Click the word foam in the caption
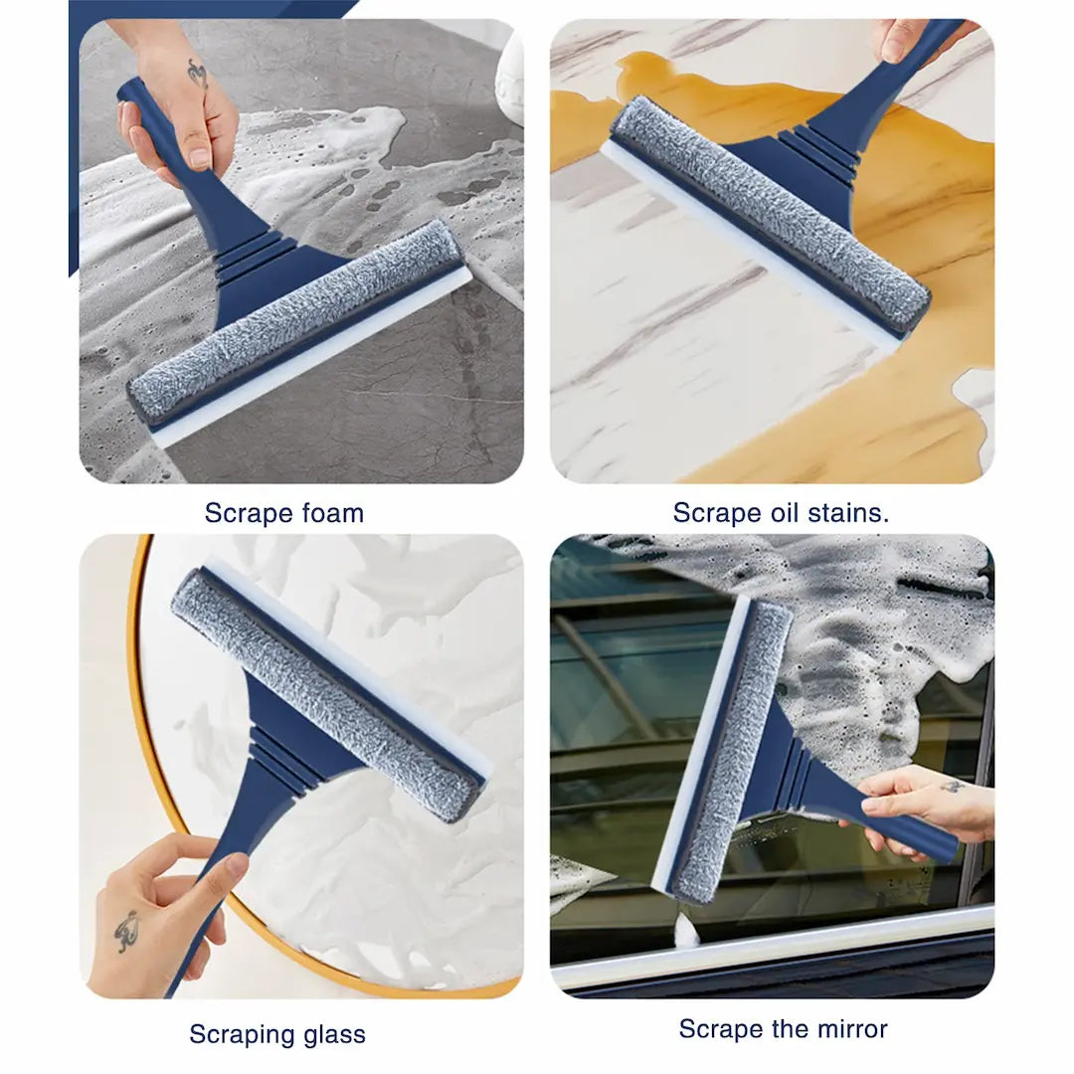(326, 514)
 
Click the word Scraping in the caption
(242, 1034)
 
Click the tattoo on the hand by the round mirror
(126, 931)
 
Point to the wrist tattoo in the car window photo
(953, 788)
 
